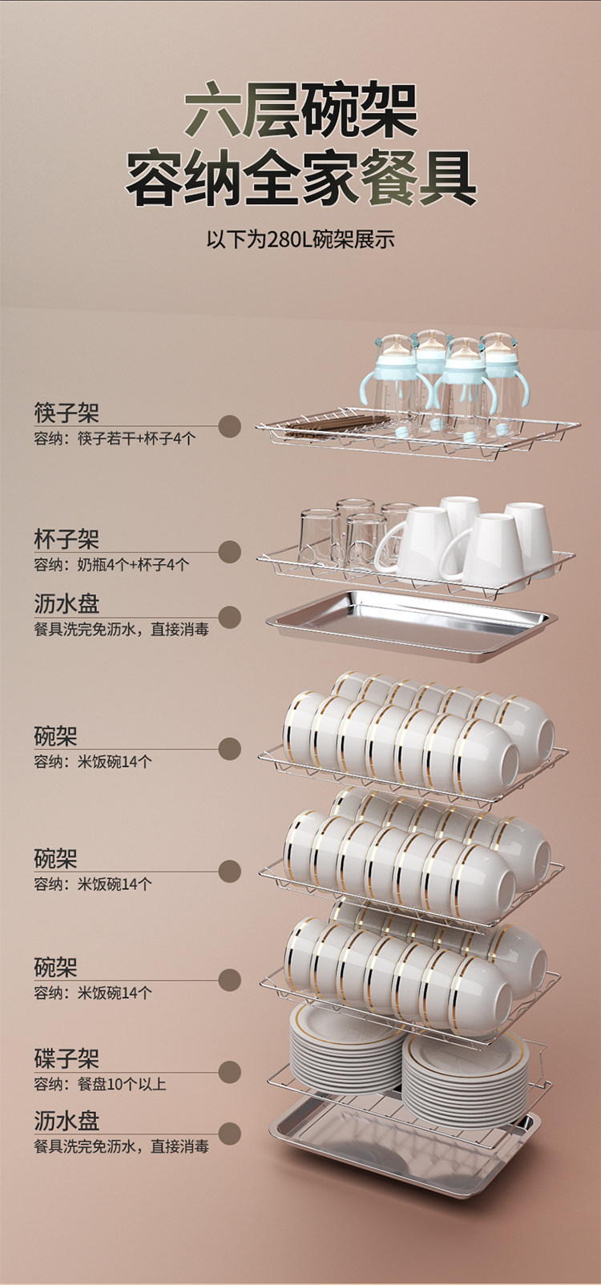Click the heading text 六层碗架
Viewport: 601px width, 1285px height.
[x=300, y=114]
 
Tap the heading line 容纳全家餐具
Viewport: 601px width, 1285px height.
[x=300, y=180]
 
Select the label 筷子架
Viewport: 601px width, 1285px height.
[x=67, y=414]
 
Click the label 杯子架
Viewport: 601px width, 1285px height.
[x=67, y=540]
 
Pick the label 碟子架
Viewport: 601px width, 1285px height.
[x=67, y=1059]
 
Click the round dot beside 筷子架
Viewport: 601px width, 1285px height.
[x=230, y=426]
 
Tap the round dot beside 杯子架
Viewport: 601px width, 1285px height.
[x=230, y=551]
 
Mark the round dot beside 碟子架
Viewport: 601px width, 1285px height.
[x=230, y=1071]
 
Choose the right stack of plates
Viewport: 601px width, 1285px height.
[x=466, y=1078]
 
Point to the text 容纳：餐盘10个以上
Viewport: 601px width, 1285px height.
[x=99, y=1084]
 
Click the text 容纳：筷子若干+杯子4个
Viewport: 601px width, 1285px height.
[x=114, y=438]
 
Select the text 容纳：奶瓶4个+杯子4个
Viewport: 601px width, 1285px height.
[x=111, y=565]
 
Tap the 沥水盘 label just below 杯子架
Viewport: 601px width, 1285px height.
[x=67, y=604]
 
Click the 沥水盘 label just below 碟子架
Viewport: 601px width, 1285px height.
[x=67, y=1121]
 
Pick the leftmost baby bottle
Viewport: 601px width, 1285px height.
[x=391, y=377]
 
